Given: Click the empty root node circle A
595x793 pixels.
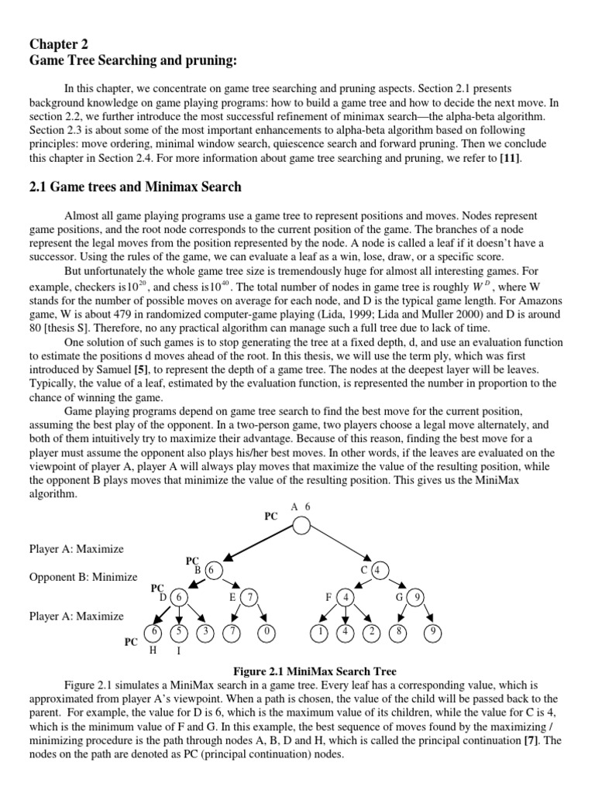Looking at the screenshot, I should tap(301, 526).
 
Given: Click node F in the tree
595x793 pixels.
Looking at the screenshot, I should tap(346, 597).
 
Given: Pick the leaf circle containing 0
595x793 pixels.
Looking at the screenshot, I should tap(267, 632).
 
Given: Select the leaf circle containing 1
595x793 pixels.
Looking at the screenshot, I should tap(319, 632).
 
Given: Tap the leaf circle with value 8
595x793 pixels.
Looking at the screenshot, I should tap(400, 632).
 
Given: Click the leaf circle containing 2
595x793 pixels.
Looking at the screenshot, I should tap(372, 632).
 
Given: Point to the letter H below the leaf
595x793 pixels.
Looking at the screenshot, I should tap(153, 650).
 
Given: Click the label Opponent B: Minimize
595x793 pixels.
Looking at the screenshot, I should tap(84, 577).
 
